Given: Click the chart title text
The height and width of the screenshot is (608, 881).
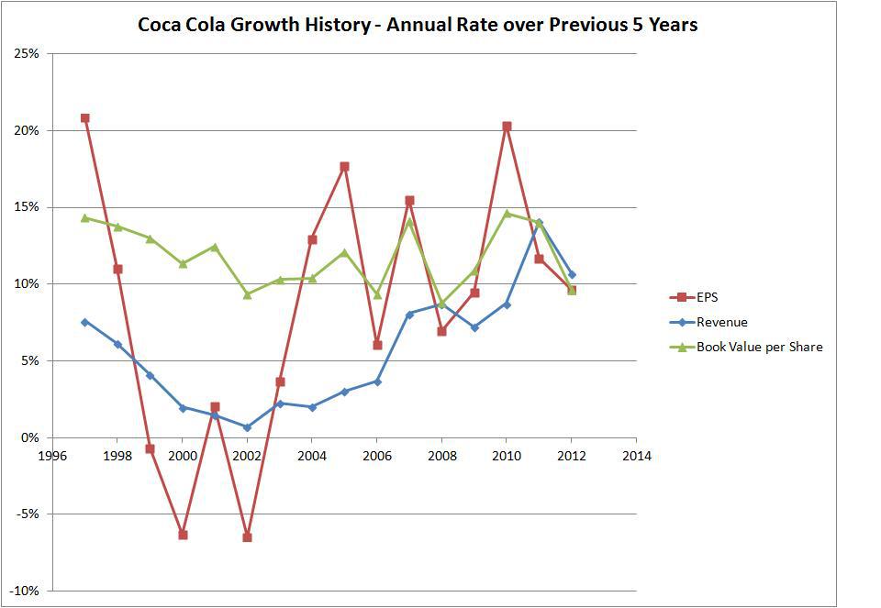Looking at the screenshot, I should (x=418, y=25).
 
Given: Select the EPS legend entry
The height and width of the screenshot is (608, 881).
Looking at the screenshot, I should (x=707, y=296).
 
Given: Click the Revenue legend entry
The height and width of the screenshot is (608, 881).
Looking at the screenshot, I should (x=722, y=322).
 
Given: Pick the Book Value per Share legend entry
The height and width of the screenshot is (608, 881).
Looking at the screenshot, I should (x=759, y=347).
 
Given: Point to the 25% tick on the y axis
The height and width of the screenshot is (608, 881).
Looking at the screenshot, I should (x=27, y=53).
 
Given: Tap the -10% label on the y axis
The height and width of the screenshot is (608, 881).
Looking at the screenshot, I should (x=24, y=591).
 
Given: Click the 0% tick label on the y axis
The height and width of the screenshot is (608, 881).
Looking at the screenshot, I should (x=29, y=437).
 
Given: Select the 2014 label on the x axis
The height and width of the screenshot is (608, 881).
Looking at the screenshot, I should (x=636, y=456).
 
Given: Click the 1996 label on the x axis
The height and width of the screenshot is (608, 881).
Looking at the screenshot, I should (x=52, y=456).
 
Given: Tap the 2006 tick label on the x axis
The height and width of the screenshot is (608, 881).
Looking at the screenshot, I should (x=377, y=456).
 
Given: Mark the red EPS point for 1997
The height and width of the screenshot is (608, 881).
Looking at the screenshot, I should (x=84, y=118).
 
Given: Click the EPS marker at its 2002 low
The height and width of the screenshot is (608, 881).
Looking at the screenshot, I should (x=247, y=537).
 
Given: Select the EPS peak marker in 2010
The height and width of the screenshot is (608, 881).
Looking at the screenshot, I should (x=507, y=127).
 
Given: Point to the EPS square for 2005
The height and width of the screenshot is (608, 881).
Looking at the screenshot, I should (x=344, y=167).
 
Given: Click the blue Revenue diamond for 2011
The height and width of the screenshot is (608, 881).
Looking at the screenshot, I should (x=539, y=222).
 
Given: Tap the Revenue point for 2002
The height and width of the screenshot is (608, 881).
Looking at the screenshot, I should (x=247, y=427).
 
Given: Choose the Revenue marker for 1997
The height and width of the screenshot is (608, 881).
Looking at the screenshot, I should (x=84, y=322).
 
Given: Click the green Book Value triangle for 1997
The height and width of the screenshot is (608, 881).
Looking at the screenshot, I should (x=84, y=217).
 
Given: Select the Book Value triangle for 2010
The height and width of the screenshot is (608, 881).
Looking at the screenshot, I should (x=507, y=213).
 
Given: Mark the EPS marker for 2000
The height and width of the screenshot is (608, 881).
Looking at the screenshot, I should (x=183, y=535).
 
